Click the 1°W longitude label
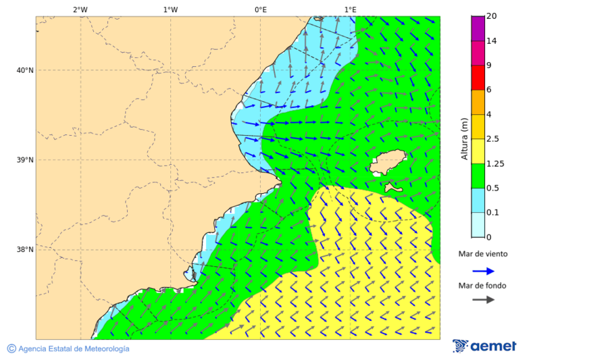click(170, 9)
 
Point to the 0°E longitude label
click(260, 9)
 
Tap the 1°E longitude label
click(350, 9)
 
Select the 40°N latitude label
click(25, 70)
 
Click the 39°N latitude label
click(25, 160)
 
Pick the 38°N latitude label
click(25, 250)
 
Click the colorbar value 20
click(492, 17)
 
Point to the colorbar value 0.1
click(493, 213)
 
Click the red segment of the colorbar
click(478, 77)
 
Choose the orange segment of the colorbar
click(478, 102)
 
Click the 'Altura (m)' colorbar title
click(464, 138)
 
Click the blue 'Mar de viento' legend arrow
click(483, 271)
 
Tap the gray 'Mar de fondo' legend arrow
click(483, 300)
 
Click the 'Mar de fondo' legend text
click(482, 286)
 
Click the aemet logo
click(484, 346)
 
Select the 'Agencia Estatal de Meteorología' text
click(74, 349)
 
